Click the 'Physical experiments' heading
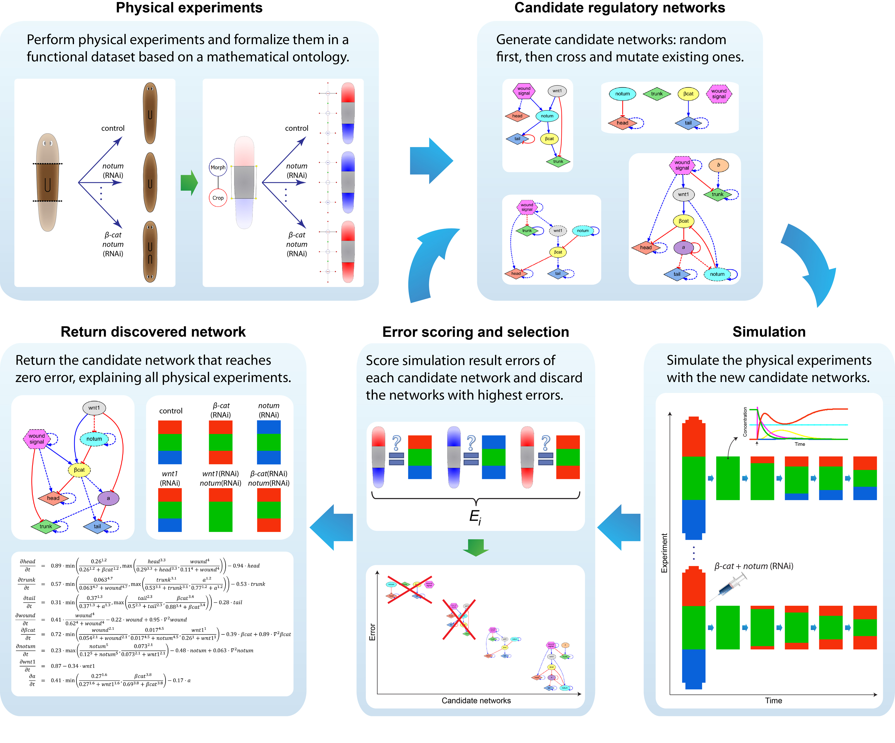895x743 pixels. (189, 8)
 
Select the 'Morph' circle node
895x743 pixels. (218, 168)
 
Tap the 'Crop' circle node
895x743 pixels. (218, 198)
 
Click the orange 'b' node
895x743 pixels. (718, 165)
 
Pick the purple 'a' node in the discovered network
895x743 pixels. (108, 498)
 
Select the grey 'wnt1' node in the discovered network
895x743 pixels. (94, 408)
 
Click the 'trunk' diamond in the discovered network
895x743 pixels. (46, 526)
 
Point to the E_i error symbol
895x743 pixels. (475, 516)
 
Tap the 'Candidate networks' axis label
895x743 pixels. (476, 700)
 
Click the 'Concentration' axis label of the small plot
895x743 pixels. (745, 422)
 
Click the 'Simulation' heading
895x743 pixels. (769, 332)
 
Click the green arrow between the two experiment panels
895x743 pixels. (189, 183)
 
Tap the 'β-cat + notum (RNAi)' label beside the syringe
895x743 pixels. (753, 566)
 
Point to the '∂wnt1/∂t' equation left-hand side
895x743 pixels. (27, 666)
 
